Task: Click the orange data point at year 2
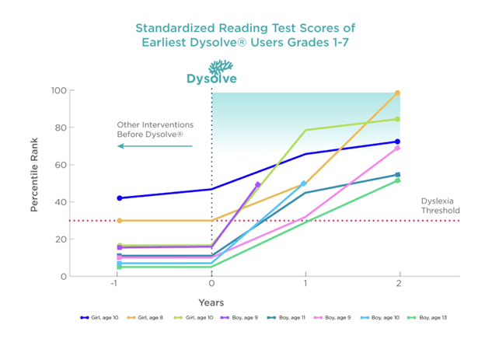point(397,93)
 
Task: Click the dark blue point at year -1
point(119,198)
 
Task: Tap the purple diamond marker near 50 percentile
point(258,184)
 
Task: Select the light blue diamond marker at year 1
point(304,183)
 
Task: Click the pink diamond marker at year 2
point(397,148)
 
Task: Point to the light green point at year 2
point(397,119)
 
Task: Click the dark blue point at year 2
point(397,142)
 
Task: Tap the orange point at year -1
point(119,221)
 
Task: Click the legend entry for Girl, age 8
point(148,317)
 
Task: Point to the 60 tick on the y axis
point(60,165)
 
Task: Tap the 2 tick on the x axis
point(399,285)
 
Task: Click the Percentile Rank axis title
point(34,183)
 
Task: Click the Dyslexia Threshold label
point(440,205)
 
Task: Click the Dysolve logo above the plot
point(211,72)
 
